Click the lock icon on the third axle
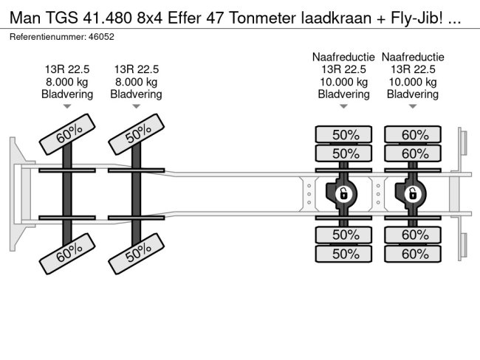[343, 194]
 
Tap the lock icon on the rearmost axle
[412, 194]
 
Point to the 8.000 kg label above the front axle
[68, 82]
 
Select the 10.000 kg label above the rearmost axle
[413, 82]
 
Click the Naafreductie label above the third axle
[344, 57]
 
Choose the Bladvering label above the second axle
[137, 94]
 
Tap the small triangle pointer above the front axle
[68, 107]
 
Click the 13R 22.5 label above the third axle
[344, 69]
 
